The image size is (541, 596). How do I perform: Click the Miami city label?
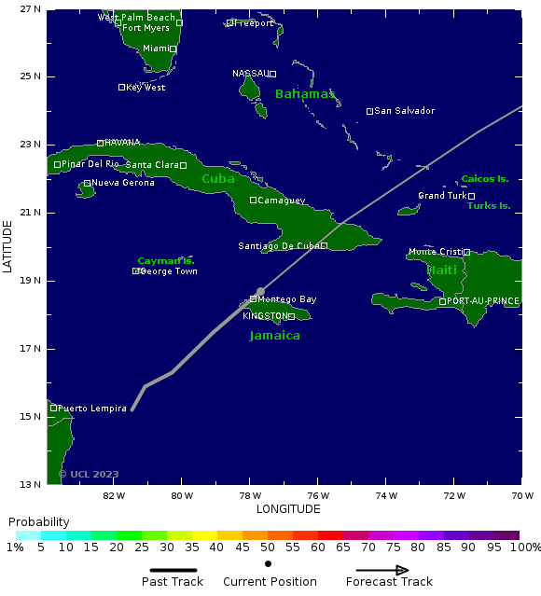coord(155,49)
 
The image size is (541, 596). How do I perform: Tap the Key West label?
coord(146,88)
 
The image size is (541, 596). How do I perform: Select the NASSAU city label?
coord(250,73)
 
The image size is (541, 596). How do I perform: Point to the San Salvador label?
coord(404,111)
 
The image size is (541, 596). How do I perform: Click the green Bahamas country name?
coord(305,94)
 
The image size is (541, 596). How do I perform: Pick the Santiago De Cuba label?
coord(278,246)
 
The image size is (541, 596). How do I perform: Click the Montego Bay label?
coord(286,299)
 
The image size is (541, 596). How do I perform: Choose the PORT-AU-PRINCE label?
coord(482,301)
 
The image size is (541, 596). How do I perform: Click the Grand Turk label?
coord(441,196)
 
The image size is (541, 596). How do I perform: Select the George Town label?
coord(169,271)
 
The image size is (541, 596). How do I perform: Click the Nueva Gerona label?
coord(123,183)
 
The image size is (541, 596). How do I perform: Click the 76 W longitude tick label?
coord(318,495)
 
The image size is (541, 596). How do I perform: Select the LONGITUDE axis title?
coord(288,509)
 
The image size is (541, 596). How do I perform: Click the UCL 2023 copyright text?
coord(89,474)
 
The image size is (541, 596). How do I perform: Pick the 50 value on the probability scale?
coord(268,547)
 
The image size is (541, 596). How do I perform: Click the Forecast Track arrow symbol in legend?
coord(389,571)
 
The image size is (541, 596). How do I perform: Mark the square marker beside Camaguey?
coord(253,200)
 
